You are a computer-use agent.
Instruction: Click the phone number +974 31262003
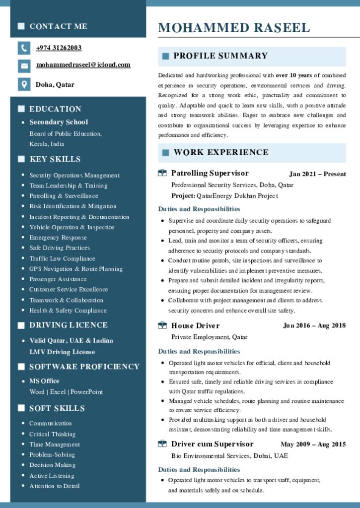pyautogui.click(x=59, y=48)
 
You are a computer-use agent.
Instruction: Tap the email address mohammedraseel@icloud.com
pyautogui.click(x=83, y=65)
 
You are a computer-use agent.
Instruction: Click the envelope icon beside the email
pyautogui.click(x=24, y=65)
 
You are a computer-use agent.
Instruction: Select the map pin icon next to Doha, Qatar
pyautogui.click(x=24, y=84)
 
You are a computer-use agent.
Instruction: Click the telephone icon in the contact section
pyautogui.click(x=24, y=48)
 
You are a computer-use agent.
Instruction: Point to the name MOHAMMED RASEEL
pyautogui.click(x=234, y=28)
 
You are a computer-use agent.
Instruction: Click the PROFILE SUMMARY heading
pyautogui.click(x=220, y=56)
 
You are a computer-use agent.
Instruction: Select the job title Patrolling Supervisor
pyautogui.click(x=210, y=173)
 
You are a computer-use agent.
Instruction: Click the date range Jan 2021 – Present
pyautogui.click(x=317, y=174)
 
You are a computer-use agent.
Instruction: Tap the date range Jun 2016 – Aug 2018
pyautogui.click(x=314, y=326)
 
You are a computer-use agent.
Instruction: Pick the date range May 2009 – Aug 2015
pyautogui.click(x=313, y=444)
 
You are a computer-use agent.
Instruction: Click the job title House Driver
pyautogui.click(x=195, y=326)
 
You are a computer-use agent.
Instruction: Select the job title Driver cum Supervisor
pyautogui.click(x=212, y=444)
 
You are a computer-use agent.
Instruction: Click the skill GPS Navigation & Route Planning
pyautogui.click(x=76, y=269)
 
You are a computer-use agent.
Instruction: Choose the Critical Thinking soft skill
pyautogui.click(x=52, y=434)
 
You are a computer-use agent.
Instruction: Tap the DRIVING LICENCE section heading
pyautogui.click(x=68, y=325)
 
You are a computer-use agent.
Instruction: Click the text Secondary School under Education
pyautogui.click(x=59, y=122)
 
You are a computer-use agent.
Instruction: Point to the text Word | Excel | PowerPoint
pyautogui.click(x=66, y=392)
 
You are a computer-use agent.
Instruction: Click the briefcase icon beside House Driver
pyautogui.click(x=162, y=325)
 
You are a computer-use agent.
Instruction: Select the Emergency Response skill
pyautogui.click(x=58, y=238)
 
